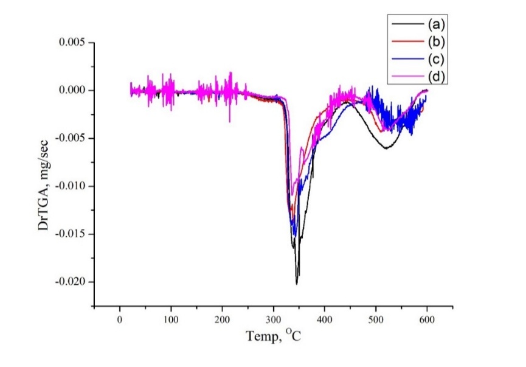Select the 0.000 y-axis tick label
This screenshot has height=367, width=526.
click(72, 90)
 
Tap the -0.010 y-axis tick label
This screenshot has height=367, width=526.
click(71, 186)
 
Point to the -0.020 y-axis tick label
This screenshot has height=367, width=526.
click(71, 282)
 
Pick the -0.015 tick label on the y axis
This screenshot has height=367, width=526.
click(71, 234)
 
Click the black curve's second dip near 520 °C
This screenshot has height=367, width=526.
click(386, 148)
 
